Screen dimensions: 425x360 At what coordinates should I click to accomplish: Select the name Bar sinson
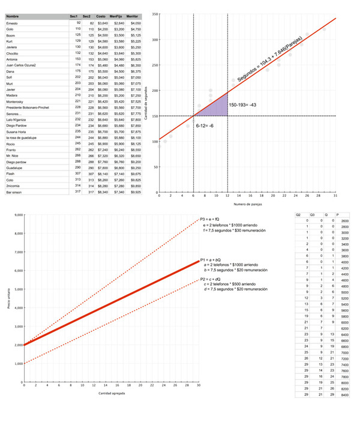tap(15, 193)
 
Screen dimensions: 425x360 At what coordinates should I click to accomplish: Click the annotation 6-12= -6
tap(205, 125)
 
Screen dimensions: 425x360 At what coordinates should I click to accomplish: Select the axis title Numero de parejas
tap(246, 205)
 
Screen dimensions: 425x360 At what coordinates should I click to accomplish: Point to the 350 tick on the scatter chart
tap(154, 14)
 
